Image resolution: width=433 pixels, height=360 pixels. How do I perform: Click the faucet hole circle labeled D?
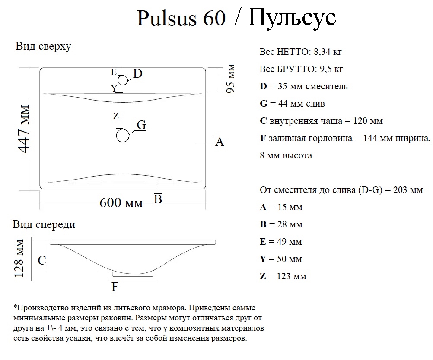tap(123, 80)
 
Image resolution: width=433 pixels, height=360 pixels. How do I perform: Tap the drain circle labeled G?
tap(123, 136)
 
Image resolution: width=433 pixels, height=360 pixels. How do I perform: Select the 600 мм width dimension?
tap(121, 202)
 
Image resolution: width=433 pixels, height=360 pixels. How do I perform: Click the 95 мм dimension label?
tap(231, 79)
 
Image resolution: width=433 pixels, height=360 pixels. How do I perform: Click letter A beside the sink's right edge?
tap(220, 142)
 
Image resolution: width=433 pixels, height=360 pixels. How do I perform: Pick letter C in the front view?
tap(42, 261)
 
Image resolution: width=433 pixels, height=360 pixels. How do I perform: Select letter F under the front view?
tap(115, 287)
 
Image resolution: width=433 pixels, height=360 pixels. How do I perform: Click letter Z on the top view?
tap(115, 116)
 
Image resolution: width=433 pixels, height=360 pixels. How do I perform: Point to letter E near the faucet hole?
tap(114, 72)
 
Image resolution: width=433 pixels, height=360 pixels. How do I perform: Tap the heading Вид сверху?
tap(43, 47)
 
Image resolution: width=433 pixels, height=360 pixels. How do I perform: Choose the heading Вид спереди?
tap(44, 224)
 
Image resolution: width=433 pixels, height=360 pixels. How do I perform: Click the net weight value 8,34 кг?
tap(328, 52)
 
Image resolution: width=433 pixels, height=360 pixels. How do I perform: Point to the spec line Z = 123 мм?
tap(283, 276)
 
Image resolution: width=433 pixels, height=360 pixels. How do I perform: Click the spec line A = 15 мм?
tap(281, 207)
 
